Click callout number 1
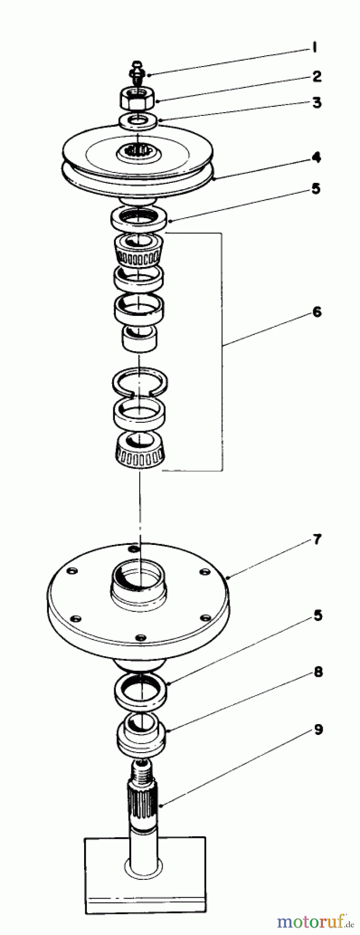(315, 49)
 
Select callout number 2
(316, 77)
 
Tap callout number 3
(316, 102)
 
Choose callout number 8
(317, 672)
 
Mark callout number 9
(317, 729)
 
